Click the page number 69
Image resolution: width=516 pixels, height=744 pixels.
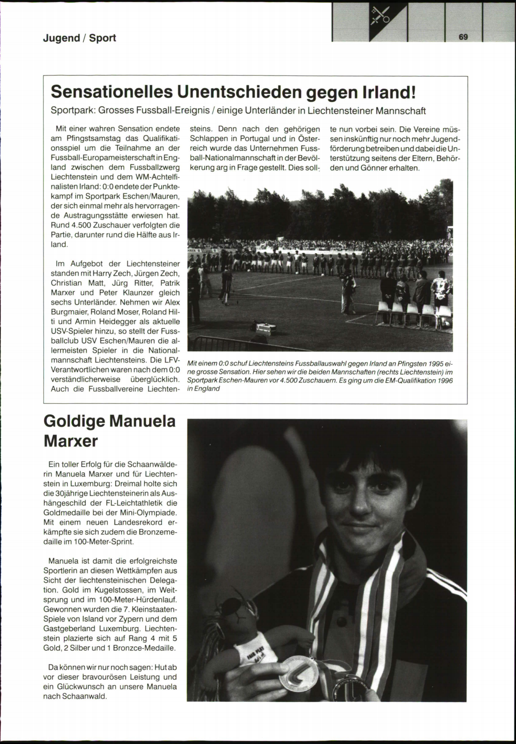coord(463,37)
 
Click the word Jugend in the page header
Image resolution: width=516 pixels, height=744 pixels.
coord(61,38)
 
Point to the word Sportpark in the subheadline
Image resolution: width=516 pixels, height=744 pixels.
coord(73,111)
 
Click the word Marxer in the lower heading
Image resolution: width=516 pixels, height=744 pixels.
coord(71,441)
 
